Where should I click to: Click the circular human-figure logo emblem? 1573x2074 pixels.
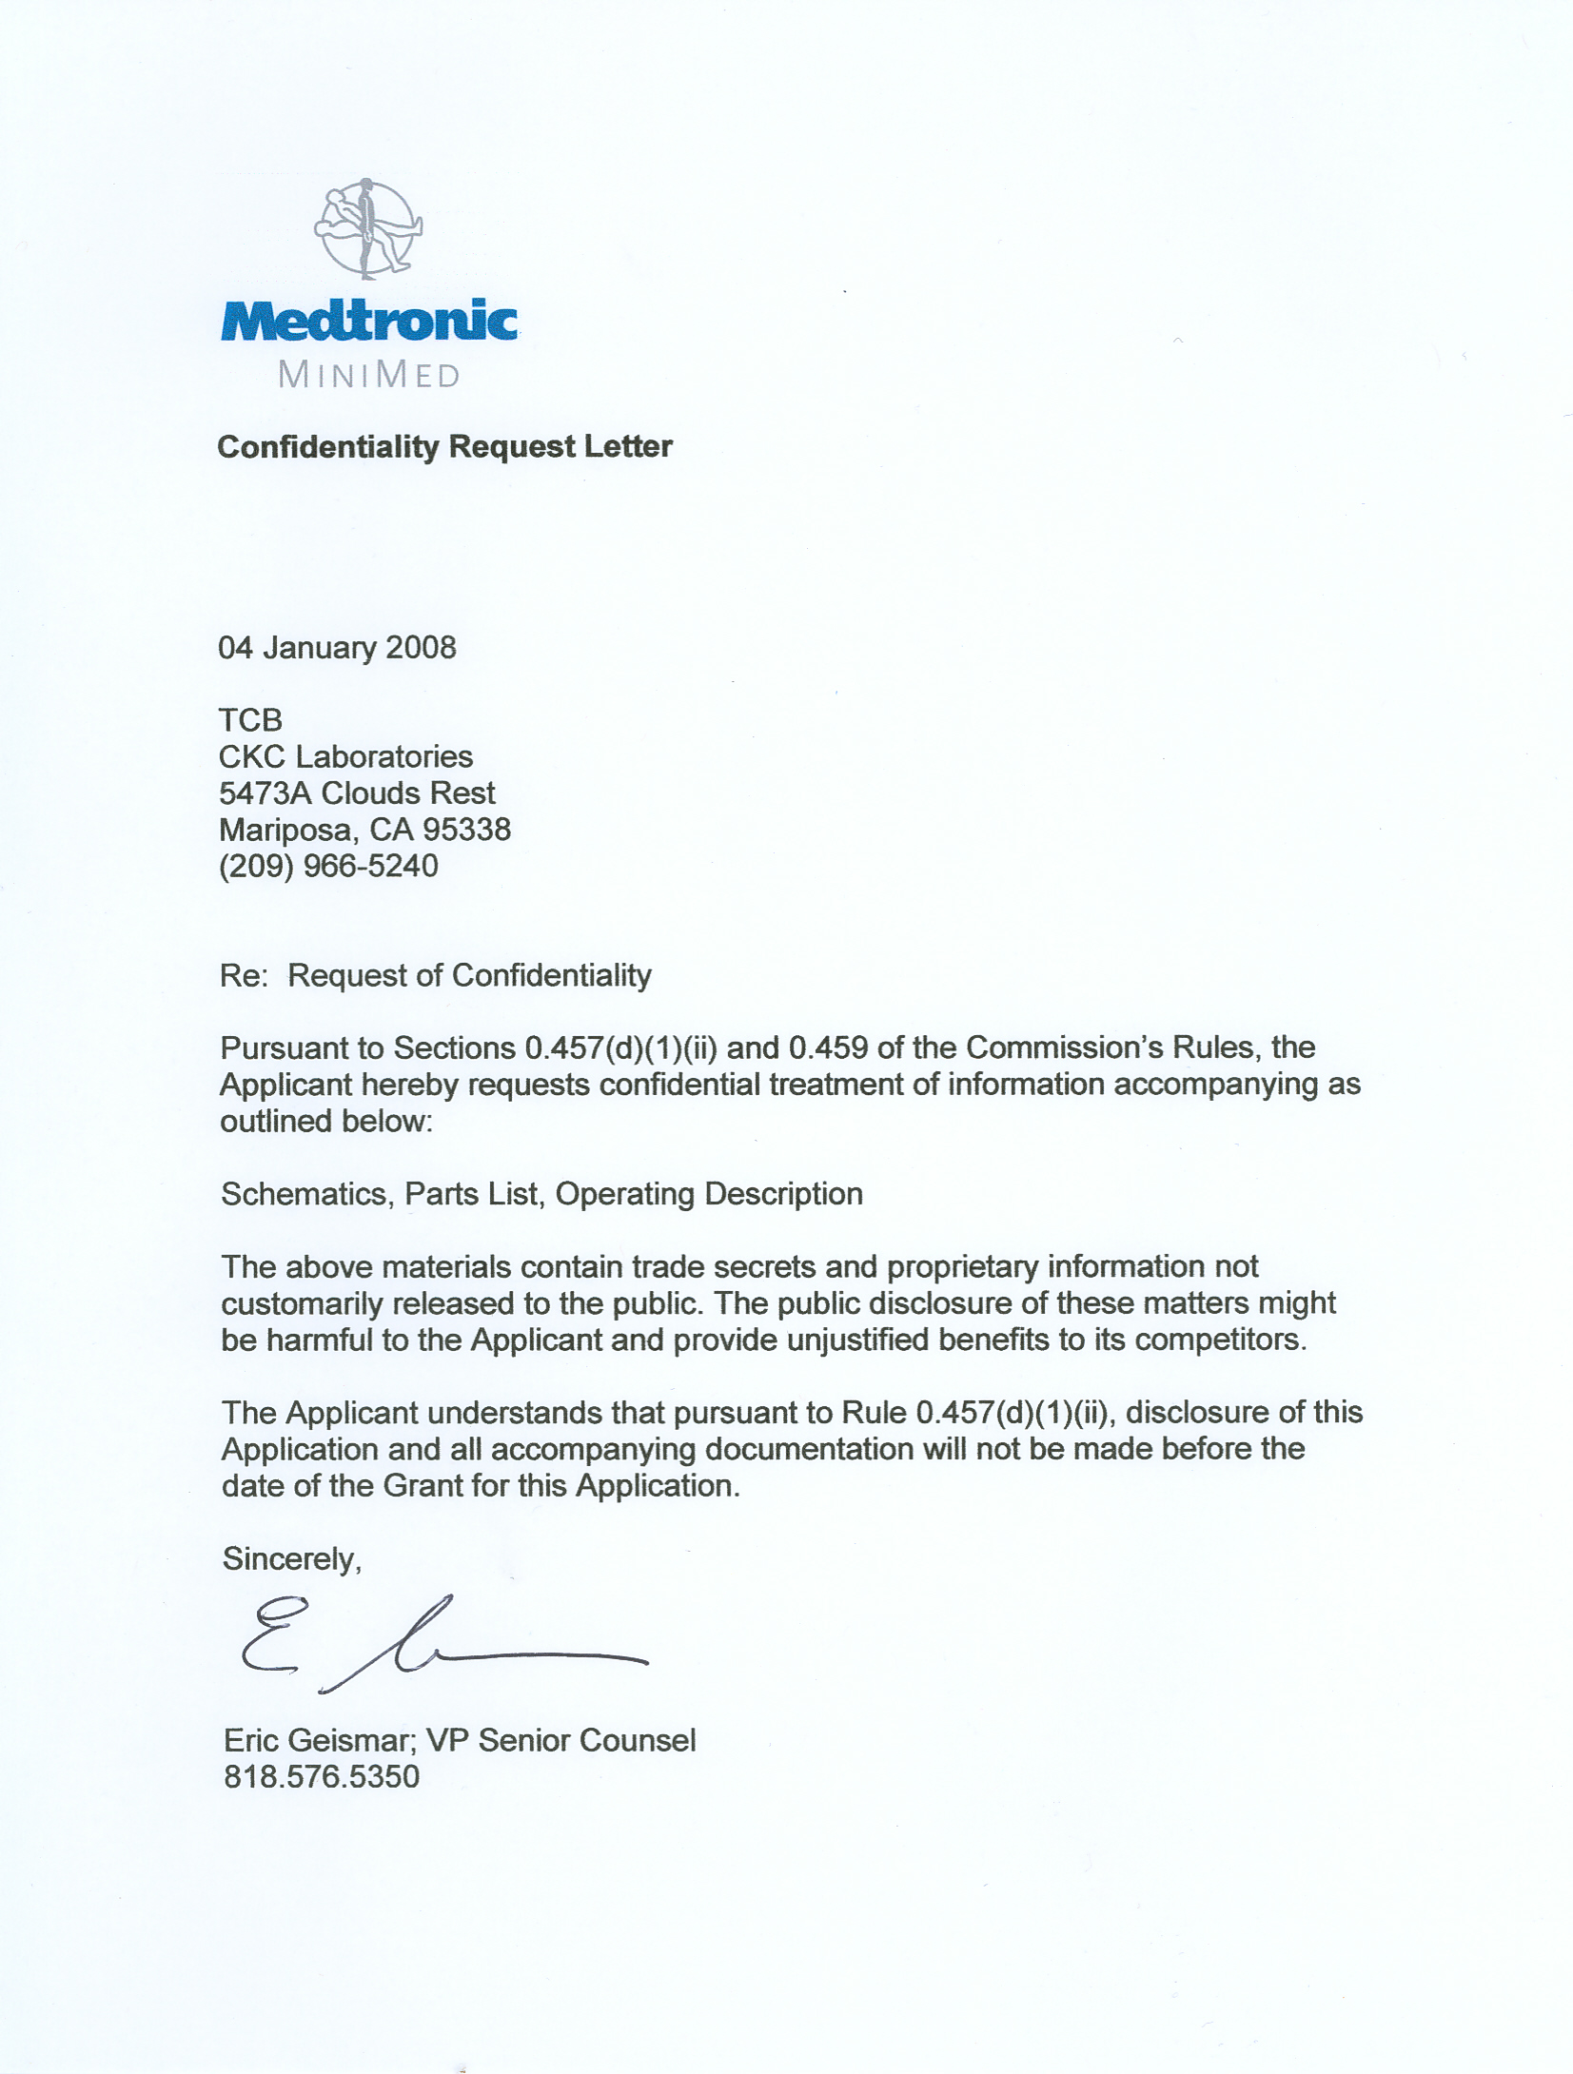point(368,228)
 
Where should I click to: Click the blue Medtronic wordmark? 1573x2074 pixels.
point(369,321)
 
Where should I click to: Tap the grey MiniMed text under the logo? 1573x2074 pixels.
point(369,375)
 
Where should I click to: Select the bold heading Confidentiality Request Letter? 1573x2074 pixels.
point(444,447)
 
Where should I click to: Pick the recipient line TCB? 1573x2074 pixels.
point(250,720)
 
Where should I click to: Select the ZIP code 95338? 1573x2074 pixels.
point(466,830)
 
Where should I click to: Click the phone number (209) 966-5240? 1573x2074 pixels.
point(328,866)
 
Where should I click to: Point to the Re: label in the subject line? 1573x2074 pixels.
point(245,976)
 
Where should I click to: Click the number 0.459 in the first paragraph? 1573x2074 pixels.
point(828,1048)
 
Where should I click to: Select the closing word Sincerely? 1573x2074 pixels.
point(291,1559)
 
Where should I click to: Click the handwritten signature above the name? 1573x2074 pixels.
point(438,1644)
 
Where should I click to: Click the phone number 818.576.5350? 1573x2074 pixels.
point(322,1777)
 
